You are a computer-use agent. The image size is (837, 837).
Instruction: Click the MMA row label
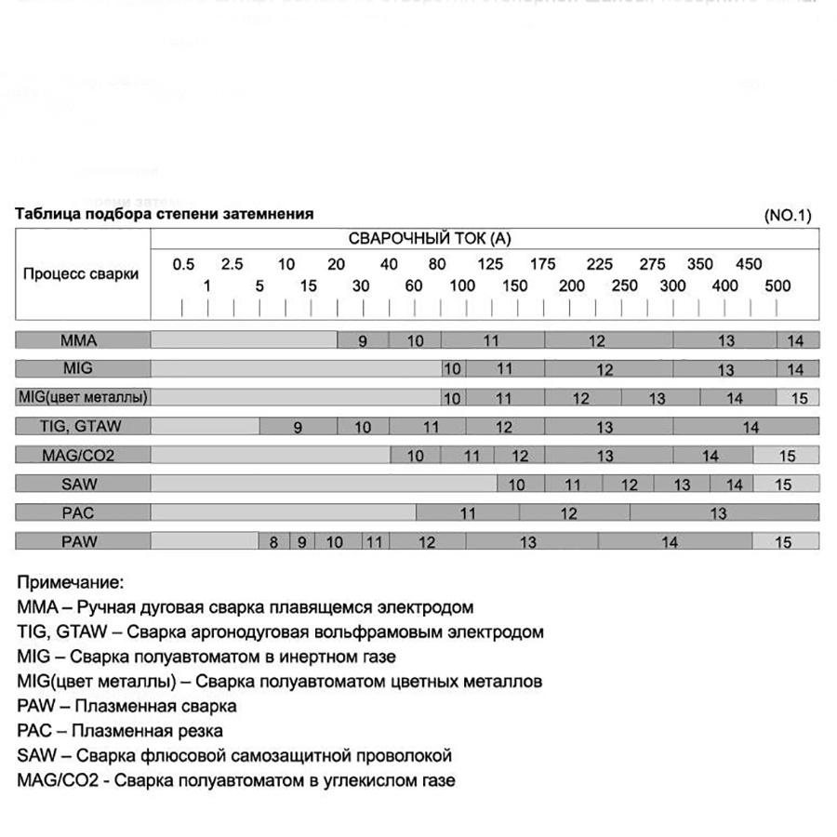[x=84, y=340]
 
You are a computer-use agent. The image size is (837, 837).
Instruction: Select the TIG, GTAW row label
[x=84, y=427]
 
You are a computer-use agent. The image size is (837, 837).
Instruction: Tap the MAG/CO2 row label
[x=84, y=456]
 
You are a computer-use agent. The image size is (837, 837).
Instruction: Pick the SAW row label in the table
[x=84, y=484]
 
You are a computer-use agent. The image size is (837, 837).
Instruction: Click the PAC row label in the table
[x=84, y=512]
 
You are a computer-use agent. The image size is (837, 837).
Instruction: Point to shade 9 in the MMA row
[x=363, y=341]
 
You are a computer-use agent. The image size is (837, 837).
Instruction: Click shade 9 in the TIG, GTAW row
[x=298, y=428]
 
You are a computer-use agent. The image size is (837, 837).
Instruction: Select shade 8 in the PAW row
[x=273, y=542]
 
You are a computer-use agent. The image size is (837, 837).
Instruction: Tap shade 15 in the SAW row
[x=783, y=485]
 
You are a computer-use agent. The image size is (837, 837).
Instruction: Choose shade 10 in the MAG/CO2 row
[x=415, y=456]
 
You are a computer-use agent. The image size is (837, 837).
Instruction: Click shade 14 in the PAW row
[x=670, y=542]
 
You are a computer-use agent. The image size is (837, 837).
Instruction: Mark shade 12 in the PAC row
[x=568, y=513]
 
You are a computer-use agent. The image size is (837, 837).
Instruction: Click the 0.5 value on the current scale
[x=184, y=264]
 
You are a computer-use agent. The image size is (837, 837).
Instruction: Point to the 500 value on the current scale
[x=777, y=286]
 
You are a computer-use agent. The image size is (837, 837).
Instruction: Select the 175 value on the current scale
[x=542, y=264]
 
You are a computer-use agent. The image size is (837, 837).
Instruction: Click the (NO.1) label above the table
[x=788, y=215]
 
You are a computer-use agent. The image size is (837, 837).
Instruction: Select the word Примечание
[x=70, y=583]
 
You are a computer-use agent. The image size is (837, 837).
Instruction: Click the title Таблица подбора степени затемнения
[x=165, y=214]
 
